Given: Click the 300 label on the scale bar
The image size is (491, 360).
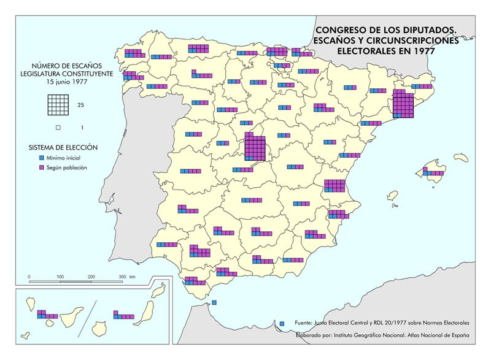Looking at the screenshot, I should (123, 277).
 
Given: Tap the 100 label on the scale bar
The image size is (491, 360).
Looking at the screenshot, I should (60, 277).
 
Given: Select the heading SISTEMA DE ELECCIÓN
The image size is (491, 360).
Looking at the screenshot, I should (63, 148).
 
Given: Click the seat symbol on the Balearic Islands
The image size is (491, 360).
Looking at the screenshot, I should (433, 174).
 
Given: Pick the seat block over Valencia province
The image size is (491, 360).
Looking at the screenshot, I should (334, 186).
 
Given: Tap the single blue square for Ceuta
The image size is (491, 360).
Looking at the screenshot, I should (214, 302).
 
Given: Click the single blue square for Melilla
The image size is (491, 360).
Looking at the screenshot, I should (282, 323).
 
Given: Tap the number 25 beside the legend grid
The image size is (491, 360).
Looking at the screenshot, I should (80, 105).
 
